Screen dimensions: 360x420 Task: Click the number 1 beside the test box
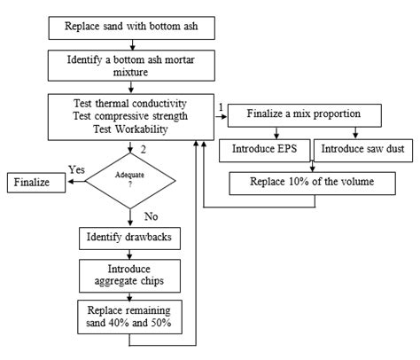(220, 106)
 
